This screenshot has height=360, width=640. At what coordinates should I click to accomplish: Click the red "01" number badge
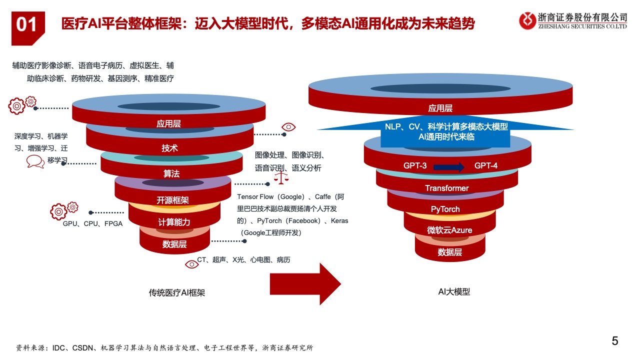[28, 28]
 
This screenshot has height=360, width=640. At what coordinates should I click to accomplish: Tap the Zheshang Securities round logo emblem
[527, 20]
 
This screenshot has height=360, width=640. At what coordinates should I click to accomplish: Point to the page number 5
[615, 341]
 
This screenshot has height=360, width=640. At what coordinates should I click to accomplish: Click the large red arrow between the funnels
[305, 283]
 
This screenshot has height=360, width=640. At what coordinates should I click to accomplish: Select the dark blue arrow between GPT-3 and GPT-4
[449, 167]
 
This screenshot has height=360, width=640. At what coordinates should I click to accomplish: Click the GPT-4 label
[485, 165]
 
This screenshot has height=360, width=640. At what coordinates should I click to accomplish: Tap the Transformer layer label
[447, 188]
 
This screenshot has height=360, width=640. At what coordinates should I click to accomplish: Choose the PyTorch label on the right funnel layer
[445, 209]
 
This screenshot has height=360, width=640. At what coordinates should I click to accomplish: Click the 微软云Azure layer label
[449, 230]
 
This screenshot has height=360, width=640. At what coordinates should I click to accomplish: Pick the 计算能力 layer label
[174, 222]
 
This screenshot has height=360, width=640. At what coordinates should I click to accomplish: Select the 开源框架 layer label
[172, 200]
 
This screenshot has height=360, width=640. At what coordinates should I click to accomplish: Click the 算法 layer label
[171, 173]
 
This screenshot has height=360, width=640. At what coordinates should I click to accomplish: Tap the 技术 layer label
[169, 148]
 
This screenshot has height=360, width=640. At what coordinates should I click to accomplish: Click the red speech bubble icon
[35, 161]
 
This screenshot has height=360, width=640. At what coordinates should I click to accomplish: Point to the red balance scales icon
[281, 177]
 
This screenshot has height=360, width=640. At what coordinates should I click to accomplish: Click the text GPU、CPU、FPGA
[92, 223]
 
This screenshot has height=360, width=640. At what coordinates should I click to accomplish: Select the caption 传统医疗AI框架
[177, 293]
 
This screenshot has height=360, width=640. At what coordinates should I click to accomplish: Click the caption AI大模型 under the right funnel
[454, 291]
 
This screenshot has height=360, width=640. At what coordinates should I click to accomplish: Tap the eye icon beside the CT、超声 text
[191, 264]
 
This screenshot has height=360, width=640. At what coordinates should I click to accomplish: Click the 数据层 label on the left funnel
[174, 244]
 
